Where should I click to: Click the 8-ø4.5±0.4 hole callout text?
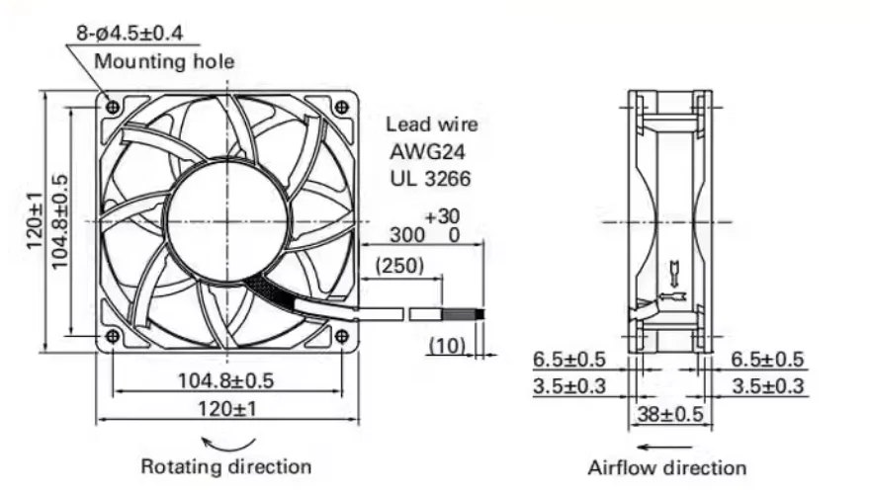pyautogui.click(x=130, y=33)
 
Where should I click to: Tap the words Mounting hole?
pyautogui.click(x=164, y=61)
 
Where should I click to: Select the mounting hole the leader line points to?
pyautogui.click(x=113, y=106)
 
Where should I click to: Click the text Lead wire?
pyautogui.click(x=431, y=124)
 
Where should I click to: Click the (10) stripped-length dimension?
pyautogui.click(x=447, y=345)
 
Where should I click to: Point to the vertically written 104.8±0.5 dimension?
pyautogui.click(x=59, y=219)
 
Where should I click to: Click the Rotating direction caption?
pyautogui.click(x=225, y=465)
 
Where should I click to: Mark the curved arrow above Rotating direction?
pyautogui.click(x=228, y=442)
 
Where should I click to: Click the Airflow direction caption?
pyautogui.click(x=667, y=467)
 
